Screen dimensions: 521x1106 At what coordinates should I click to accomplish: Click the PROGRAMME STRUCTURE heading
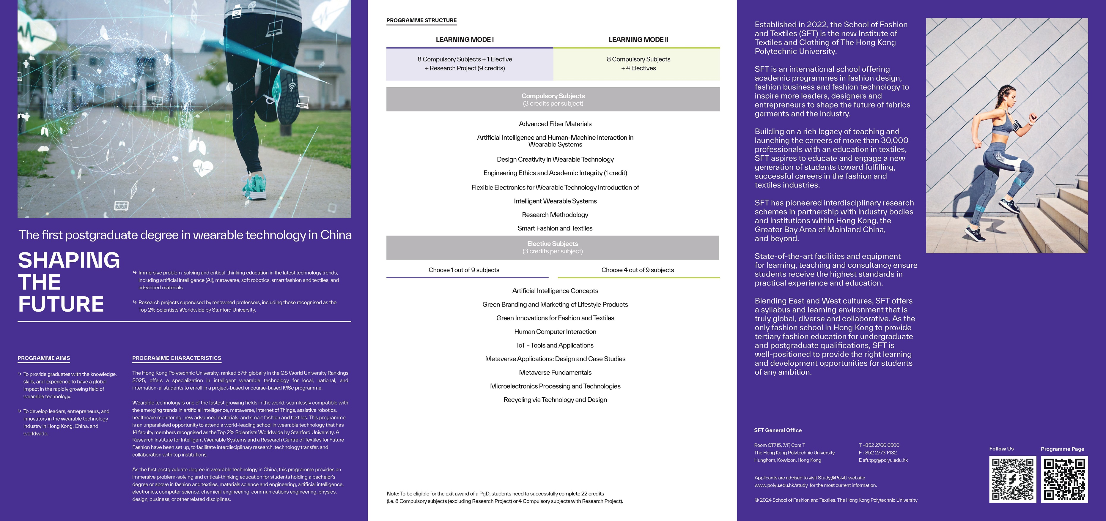click(x=421, y=20)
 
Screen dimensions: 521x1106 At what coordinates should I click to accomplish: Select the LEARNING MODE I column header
click(x=465, y=40)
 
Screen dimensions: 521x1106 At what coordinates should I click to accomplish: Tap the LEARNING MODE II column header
click(x=638, y=40)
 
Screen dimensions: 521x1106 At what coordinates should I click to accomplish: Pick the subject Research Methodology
click(x=555, y=214)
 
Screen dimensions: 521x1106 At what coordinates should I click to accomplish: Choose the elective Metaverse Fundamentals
click(x=555, y=372)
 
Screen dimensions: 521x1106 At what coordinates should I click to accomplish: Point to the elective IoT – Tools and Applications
click(x=555, y=345)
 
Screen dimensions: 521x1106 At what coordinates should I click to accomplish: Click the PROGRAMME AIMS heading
click(x=44, y=358)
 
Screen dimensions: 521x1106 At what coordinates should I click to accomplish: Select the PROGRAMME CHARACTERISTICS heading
click(x=177, y=358)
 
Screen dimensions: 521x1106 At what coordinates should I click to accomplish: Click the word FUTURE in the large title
click(x=61, y=304)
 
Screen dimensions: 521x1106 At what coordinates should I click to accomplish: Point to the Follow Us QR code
click(x=1012, y=479)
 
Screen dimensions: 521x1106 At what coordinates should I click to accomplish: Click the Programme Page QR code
click(x=1064, y=479)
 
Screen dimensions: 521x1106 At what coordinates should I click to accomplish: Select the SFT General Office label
click(x=778, y=430)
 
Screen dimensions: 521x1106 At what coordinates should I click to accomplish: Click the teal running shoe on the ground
click(x=256, y=187)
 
